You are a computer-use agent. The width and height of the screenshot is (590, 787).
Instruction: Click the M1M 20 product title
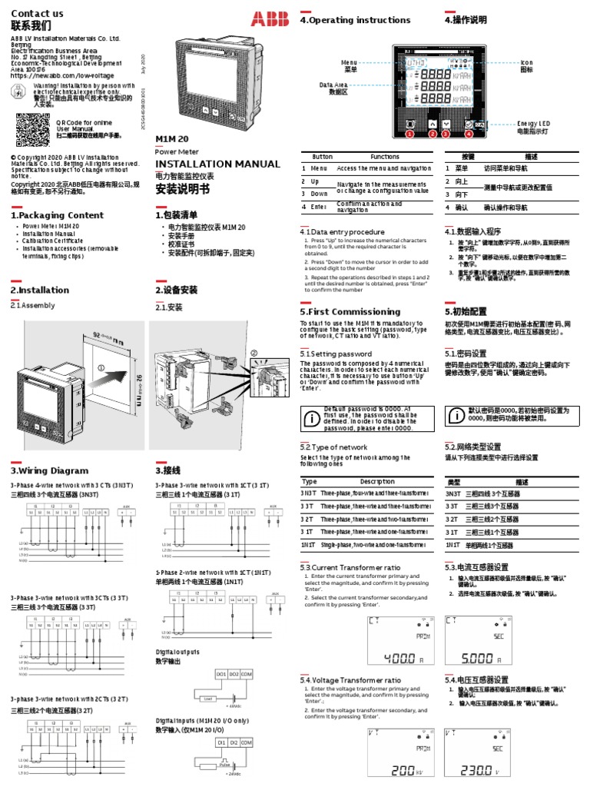[172, 138]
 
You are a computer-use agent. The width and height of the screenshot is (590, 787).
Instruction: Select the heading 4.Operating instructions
[355, 20]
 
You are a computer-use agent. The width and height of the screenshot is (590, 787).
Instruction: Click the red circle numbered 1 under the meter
[409, 134]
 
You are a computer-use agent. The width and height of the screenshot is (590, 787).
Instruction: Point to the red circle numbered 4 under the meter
[469, 134]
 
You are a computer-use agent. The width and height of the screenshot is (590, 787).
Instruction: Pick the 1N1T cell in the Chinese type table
[453, 545]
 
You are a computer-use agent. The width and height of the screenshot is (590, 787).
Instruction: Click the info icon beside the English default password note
[311, 419]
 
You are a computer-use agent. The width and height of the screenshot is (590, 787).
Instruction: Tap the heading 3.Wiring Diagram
[49, 470]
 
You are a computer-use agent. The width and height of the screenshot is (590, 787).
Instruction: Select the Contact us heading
[37, 13]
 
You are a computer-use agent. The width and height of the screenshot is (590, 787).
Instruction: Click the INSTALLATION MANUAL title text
[218, 164]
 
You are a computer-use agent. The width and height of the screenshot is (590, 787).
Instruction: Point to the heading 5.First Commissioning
[350, 312]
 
